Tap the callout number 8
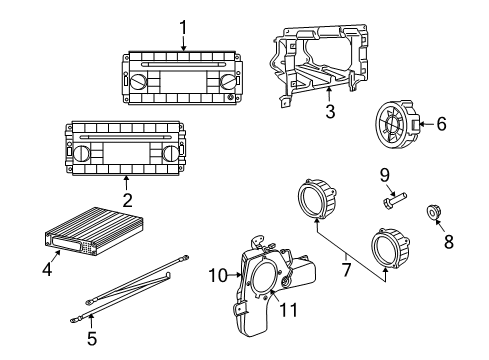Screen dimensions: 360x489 click(447, 240)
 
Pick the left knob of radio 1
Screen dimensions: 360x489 click(135, 80)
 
